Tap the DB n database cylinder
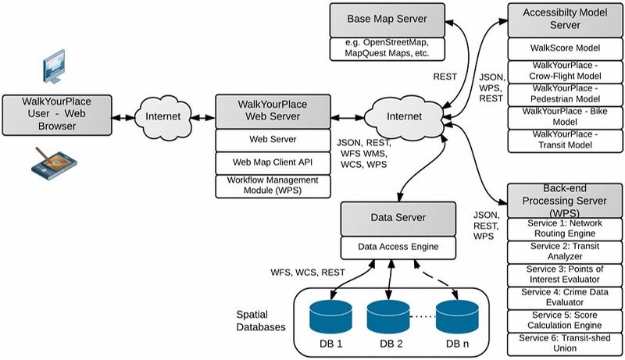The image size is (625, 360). [455, 317]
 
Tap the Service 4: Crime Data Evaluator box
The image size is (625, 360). [561, 297]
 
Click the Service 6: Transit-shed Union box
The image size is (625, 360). [561, 344]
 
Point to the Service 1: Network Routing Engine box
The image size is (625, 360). [561, 228]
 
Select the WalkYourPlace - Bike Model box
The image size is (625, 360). [561, 117]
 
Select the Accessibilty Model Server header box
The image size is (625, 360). [561, 19]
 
